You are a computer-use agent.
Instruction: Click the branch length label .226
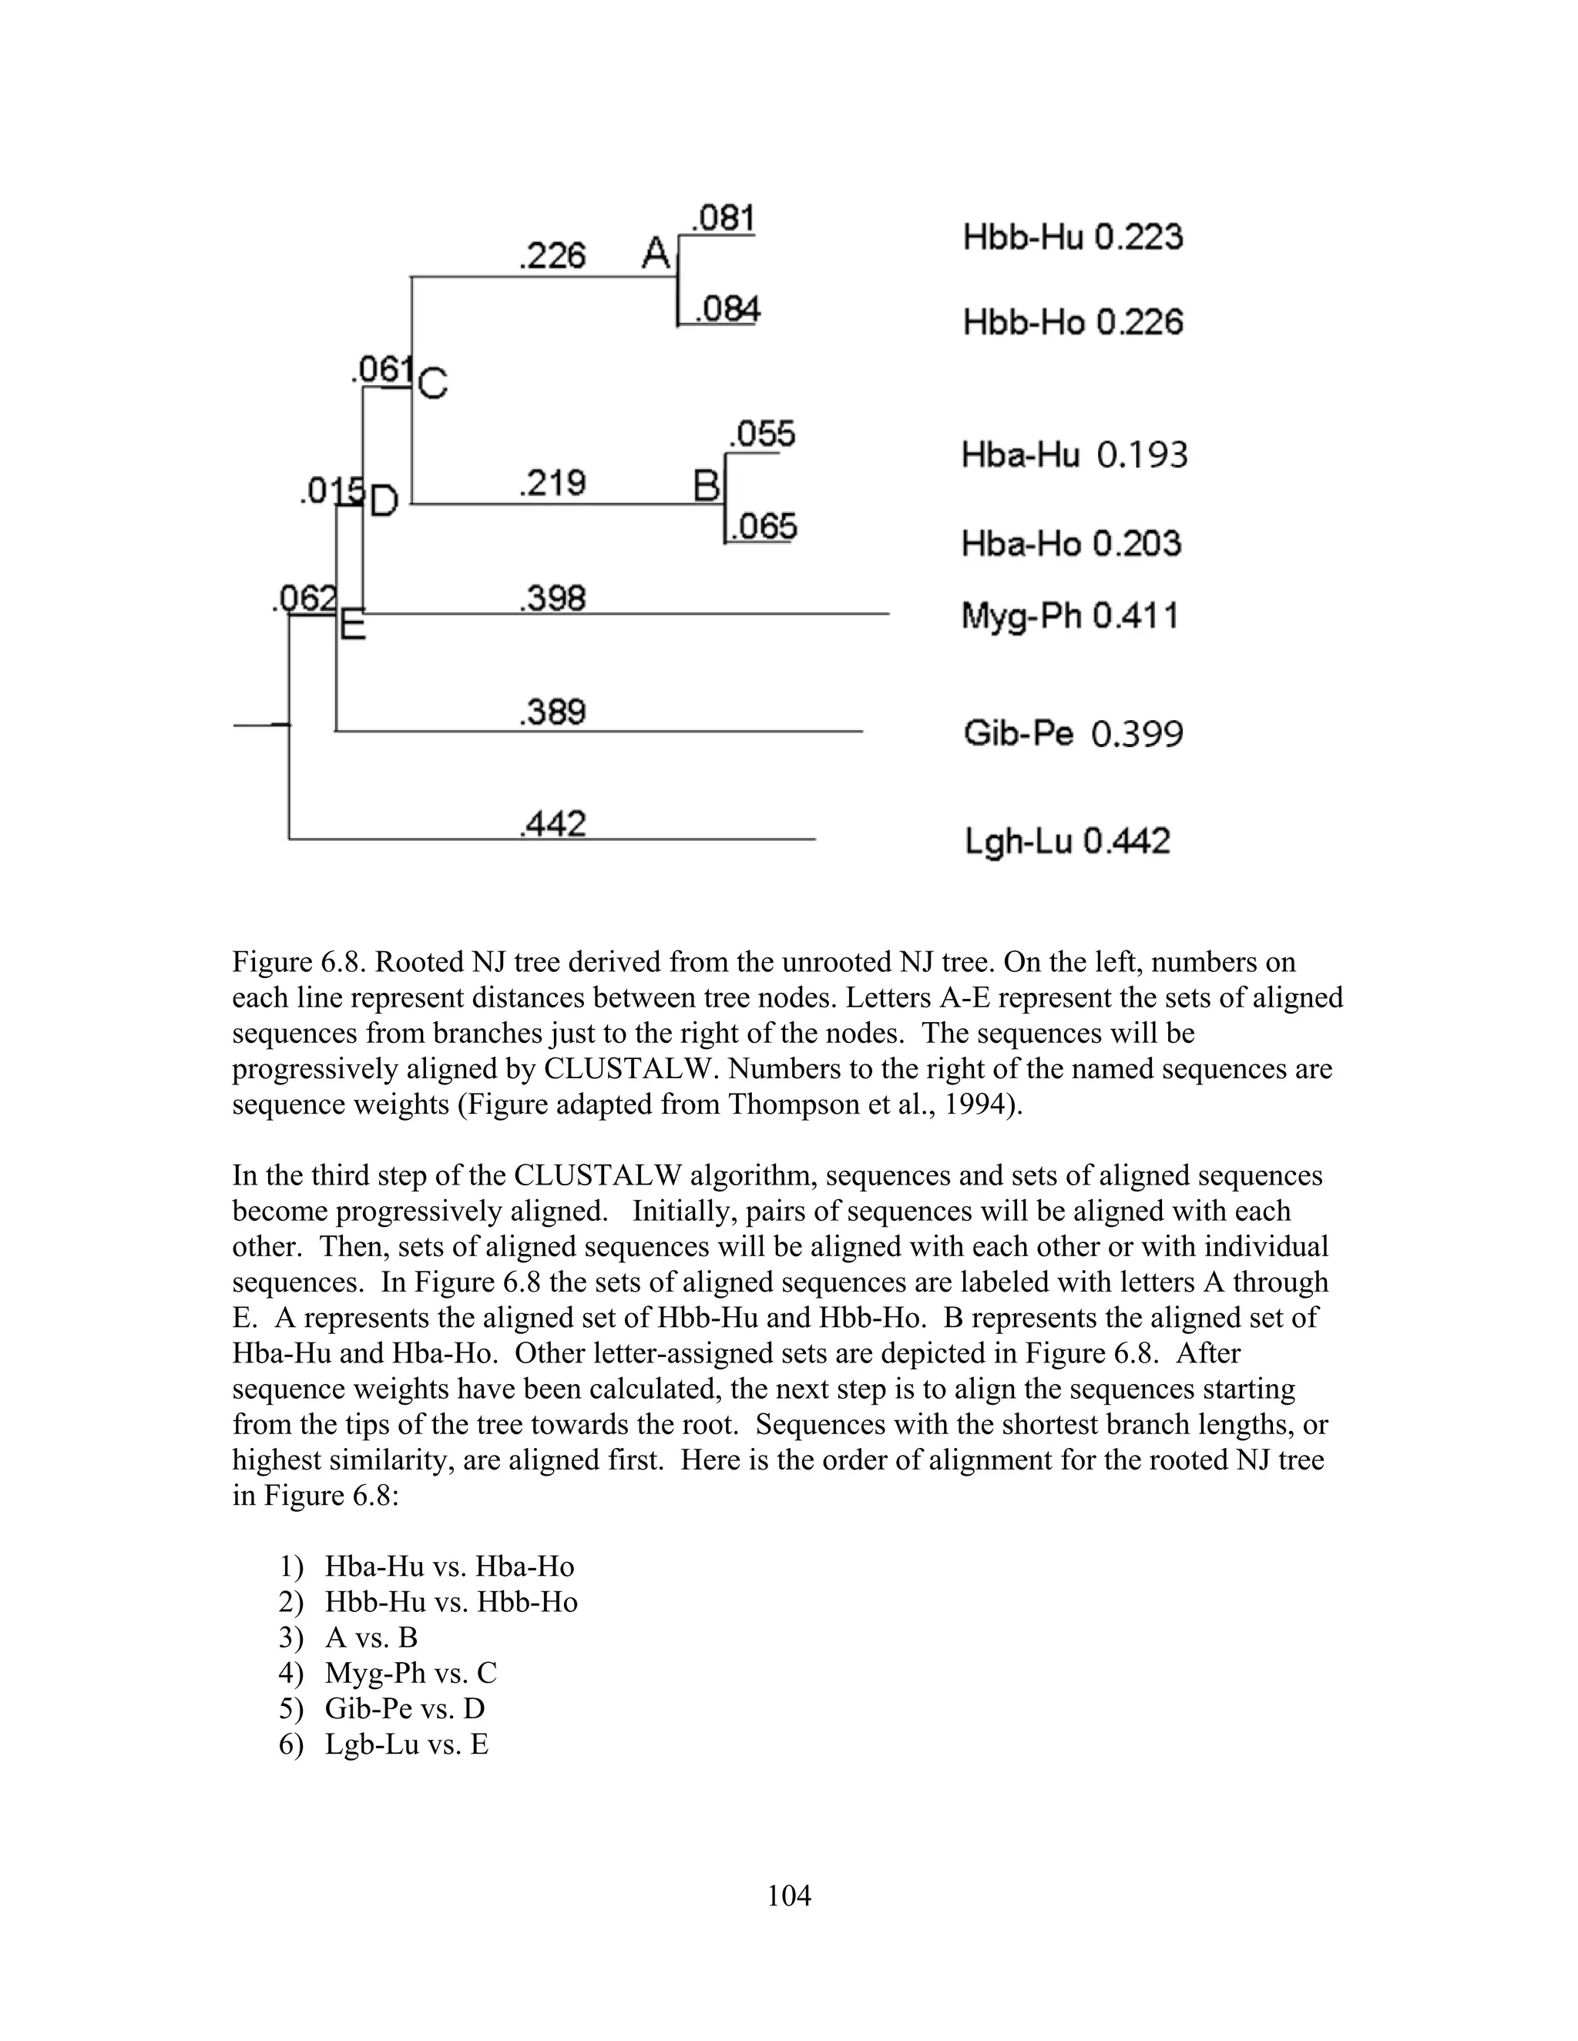pos(552,255)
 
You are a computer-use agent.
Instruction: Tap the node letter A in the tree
pos(656,253)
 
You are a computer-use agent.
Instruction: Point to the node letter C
pos(433,383)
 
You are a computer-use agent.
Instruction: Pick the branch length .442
pos(552,824)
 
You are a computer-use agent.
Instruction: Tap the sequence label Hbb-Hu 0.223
pos(1073,236)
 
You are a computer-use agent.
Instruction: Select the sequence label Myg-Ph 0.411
pos(1069,617)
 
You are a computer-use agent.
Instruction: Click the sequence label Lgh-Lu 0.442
pos(1066,842)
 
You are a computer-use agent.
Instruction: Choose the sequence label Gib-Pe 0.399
pos(1073,733)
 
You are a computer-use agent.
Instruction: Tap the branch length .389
pos(552,712)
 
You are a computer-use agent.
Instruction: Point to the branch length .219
pos(552,483)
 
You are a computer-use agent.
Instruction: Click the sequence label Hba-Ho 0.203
pos(1070,543)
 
